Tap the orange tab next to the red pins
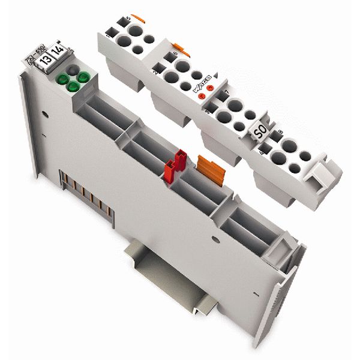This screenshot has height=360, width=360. click(206, 163)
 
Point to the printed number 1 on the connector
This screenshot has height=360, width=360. click(109, 37)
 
